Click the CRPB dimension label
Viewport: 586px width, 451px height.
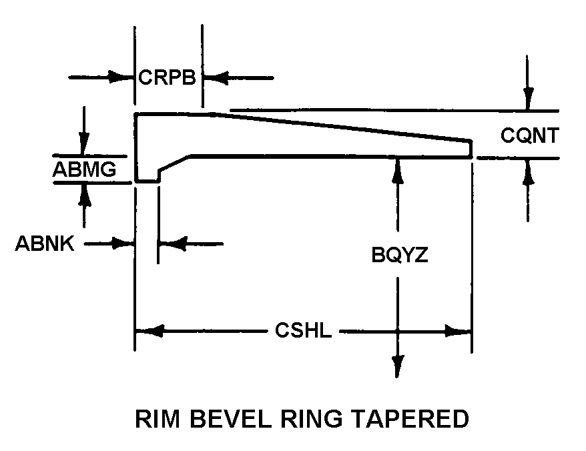click(x=167, y=77)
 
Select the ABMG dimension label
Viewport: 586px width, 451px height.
click(x=84, y=169)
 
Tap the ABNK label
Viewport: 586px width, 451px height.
click(x=45, y=244)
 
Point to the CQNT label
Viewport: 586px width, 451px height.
click(x=529, y=135)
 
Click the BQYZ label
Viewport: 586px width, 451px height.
click(x=400, y=256)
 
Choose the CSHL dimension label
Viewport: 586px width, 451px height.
click(x=303, y=330)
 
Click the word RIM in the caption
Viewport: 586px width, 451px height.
click(x=157, y=418)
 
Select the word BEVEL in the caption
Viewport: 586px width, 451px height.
click(x=230, y=418)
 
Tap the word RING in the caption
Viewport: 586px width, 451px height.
click(x=311, y=418)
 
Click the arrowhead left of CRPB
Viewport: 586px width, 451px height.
click(x=121, y=77)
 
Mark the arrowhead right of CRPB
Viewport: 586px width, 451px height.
click(x=216, y=78)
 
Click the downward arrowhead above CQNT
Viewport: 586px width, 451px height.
click(x=528, y=98)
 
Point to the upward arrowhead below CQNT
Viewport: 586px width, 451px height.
click(x=528, y=170)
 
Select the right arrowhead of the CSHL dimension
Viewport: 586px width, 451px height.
click(x=458, y=331)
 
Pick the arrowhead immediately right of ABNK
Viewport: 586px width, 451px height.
click(x=123, y=244)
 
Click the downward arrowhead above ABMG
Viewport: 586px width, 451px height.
click(x=84, y=143)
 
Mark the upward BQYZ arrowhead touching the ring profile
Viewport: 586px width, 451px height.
click(x=398, y=171)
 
